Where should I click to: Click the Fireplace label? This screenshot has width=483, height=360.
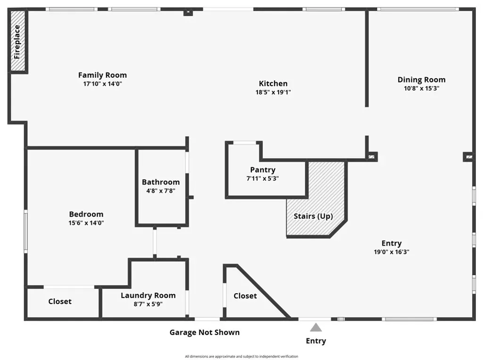pyautogui.click(x=17, y=41)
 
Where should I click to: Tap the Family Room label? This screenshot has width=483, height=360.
pyautogui.click(x=102, y=75)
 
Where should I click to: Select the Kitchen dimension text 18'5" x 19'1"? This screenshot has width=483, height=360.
pyautogui.click(x=273, y=92)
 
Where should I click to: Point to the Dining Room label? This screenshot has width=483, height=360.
pyautogui.click(x=421, y=80)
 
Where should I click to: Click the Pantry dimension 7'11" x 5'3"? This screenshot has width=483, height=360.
pyautogui.click(x=263, y=179)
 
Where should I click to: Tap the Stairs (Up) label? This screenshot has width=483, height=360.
pyautogui.click(x=313, y=216)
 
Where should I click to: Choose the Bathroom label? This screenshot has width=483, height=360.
pyautogui.click(x=161, y=182)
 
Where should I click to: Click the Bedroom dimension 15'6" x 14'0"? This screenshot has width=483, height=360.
pyautogui.click(x=86, y=223)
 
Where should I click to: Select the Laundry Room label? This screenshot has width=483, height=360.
pyautogui.click(x=148, y=295)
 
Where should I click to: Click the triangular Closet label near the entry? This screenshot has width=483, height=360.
pyautogui.click(x=245, y=296)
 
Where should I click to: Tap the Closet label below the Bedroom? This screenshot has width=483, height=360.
pyautogui.click(x=60, y=301)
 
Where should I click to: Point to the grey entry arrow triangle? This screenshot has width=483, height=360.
pyautogui.click(x=316, y=327)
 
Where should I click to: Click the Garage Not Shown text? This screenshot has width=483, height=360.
pyautogui.click(x=205, y=332)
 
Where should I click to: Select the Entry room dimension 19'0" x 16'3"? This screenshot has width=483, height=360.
pyautogui.click(x=391, y=252)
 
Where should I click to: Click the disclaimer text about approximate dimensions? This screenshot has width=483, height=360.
pyautogui.click(x=241, y=356)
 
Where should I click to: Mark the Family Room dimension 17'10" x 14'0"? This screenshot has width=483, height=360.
pyautogui.click(x=102, y=84)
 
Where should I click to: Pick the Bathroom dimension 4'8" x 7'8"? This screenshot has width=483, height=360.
pyautogui.click(x=161, y=191)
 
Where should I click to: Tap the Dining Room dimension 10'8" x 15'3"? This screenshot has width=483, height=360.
pyautogui.click(x=421, y=88)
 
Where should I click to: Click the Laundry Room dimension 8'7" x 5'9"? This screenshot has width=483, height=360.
pyautogui.click(x=148, y=304)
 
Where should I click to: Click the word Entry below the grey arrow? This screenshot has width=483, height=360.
pyautogui.click(x=316, y=341)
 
